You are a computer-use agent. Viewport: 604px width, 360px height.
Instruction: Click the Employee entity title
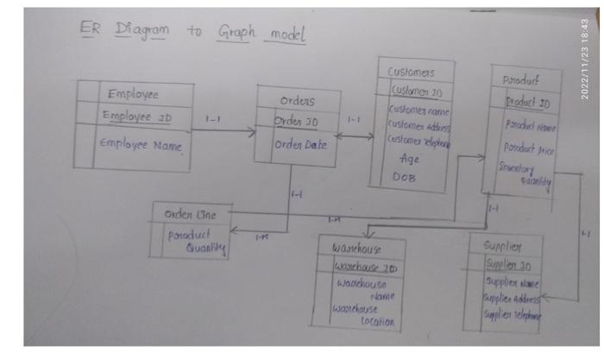coord(138,94)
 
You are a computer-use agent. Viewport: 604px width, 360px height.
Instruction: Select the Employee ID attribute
coord(138,116)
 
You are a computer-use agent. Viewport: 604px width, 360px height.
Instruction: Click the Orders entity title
coord(297,100)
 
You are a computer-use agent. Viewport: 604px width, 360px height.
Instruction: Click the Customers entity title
coord(411,72)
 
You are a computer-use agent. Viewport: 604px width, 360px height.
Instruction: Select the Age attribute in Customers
coord(410,159)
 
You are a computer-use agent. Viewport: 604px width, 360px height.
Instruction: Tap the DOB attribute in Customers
coord(405,177)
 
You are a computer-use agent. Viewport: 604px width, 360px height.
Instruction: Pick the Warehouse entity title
coord(355,248)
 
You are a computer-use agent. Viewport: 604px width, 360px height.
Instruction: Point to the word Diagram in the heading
coord(142,30)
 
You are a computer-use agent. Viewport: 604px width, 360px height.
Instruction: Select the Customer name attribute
coord(418,110)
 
